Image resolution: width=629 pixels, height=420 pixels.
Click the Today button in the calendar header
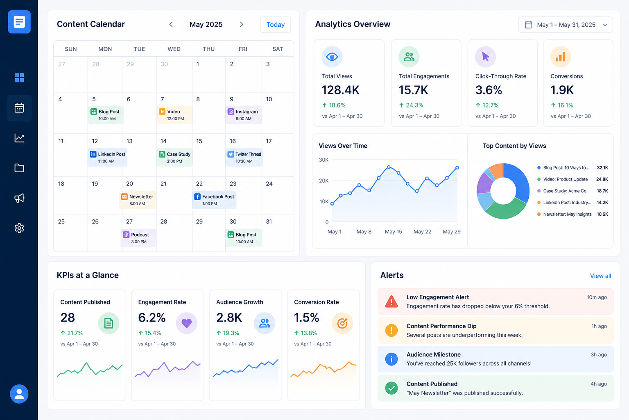pyautogui.click(x=275, y=25)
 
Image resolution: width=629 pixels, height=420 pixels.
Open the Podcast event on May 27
pyautogui.click(x=138, y=238)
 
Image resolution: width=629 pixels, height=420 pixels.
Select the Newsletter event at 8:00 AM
pyautogui.click(x=138, y=200)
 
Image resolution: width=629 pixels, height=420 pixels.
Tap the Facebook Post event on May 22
pyautogui.click(x=214, y=200)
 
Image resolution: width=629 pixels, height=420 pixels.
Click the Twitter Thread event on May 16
pyautogui.click(x=244, y=157)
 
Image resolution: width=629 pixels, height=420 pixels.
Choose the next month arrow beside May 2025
pyautogui.click(x=242, y=25)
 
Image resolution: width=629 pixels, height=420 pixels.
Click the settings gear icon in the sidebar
pyautogui.click(x=19, y=228)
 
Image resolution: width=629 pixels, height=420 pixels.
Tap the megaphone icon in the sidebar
pyautogui.click(x=19, y=198)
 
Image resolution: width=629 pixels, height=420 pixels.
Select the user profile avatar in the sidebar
pyautogui.click(x=19, y=394)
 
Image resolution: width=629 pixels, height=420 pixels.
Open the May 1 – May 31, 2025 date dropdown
pyautogui.click(x=566, y=25)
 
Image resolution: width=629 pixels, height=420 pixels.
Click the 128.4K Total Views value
pyautogui.click(x=340, y=90)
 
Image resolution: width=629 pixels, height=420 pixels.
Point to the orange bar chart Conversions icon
pyautogui.click(x=561, y=57)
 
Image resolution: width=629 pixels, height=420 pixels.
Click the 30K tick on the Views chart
pyautogui.click(x=324, y=160)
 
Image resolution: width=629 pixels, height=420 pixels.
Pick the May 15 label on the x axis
pyautogui.click(x=393, y=231)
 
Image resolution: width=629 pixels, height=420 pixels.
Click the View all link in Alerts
pyautogui.click(x=600, y=276)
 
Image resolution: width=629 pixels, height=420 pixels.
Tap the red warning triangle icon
pyautogui.click(x=391, y=301)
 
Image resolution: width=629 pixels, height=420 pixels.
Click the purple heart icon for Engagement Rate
pyautogui.click(x=186, y=323)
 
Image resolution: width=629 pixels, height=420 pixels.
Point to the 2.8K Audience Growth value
pyautogui.click(x=229, y=317)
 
